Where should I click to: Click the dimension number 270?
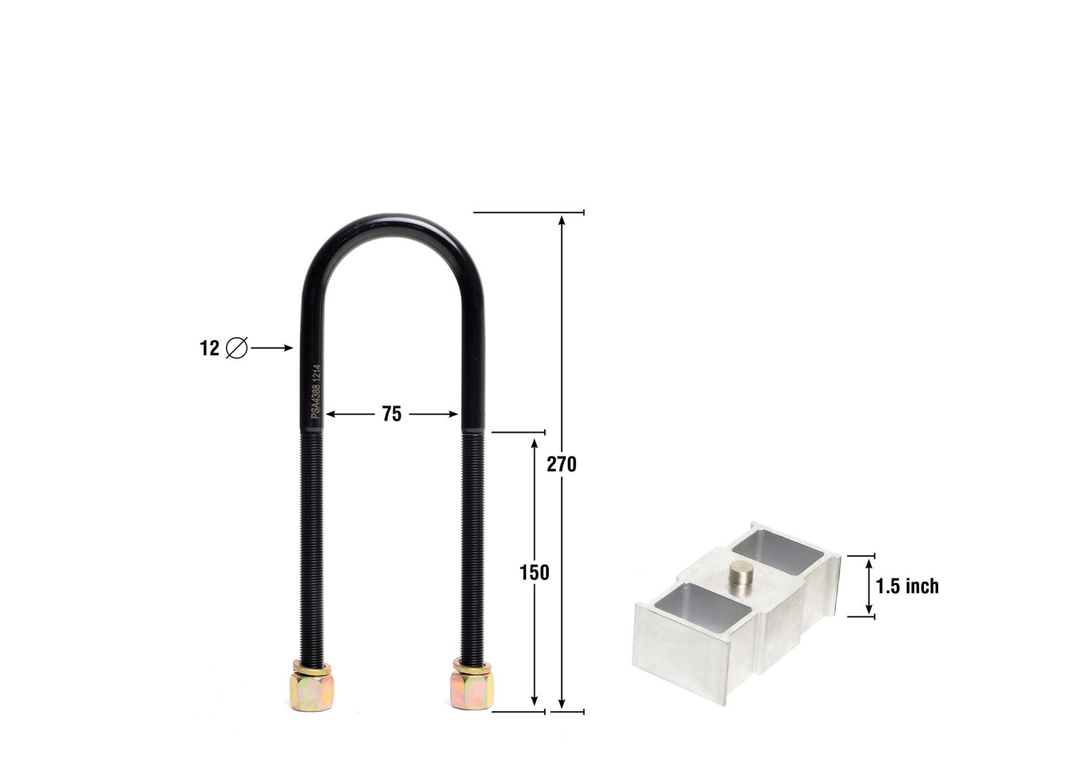(561, 465)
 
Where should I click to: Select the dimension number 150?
(534, 573)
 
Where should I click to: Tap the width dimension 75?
(392, 414)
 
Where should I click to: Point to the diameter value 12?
(209, 348)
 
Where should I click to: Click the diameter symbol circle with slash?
(236, 348)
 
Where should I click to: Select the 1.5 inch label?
(907, 586)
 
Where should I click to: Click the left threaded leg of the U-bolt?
(312, 542)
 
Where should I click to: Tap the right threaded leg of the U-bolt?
(472, 542)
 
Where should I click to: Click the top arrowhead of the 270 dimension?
(561, 219)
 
